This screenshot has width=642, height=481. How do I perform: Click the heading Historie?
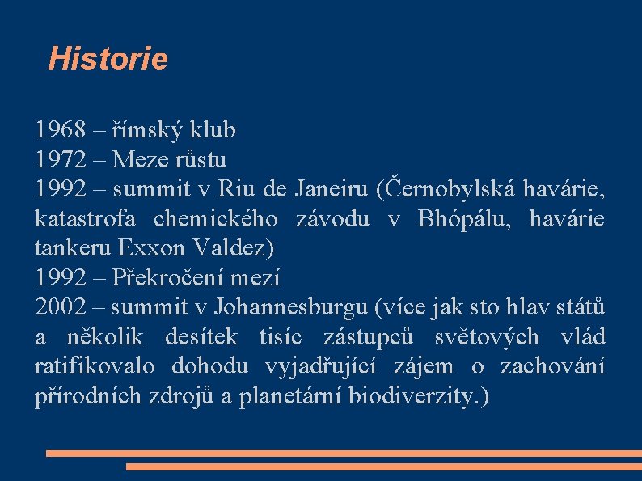(108, 59)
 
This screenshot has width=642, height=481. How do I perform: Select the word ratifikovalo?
(95, 367)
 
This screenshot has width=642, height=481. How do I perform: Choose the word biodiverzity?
(413, 397)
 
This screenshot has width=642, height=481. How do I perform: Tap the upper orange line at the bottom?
(343, 454)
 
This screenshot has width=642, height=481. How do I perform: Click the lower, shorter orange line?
(383, 466)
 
